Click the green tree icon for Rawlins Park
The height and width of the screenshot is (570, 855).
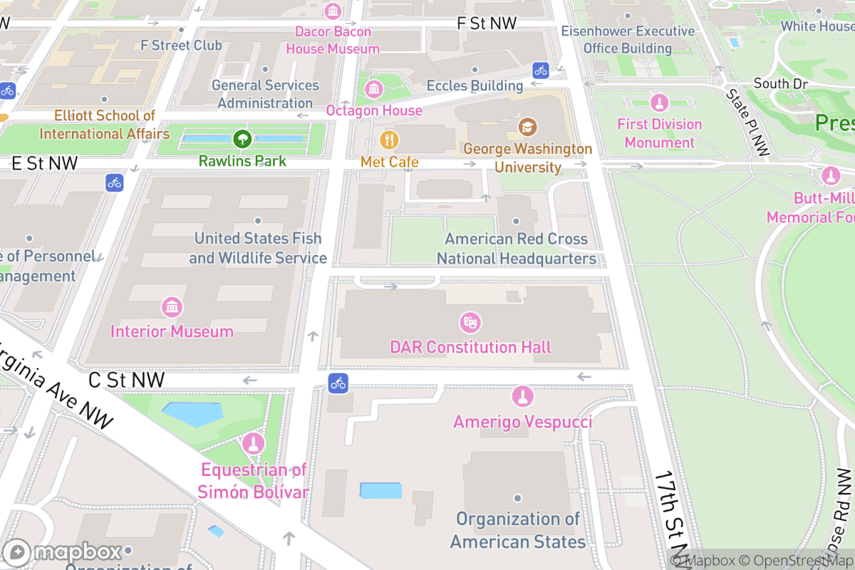pos(242,138)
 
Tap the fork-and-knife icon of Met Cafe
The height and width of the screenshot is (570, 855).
pos(389,139)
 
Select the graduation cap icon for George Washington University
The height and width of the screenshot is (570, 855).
pos(527,127)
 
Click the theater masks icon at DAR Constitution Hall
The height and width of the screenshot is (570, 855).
pos(470,323)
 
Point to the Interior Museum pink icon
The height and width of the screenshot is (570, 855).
pos(172,308)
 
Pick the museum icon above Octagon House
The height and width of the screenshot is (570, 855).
pos(373,89)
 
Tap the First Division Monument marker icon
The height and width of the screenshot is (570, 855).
pos(659,103)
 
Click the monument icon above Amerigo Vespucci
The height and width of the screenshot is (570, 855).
pos(523,397)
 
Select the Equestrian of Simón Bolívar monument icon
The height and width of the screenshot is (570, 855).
pos(252,445)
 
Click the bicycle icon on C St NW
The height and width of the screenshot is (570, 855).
pos(338,383)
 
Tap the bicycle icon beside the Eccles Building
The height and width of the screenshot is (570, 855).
pos(541,70)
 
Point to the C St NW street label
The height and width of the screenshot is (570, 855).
pos(126,380)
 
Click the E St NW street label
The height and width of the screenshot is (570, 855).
pos(44,163)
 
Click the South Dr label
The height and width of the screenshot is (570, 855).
pos(780,83)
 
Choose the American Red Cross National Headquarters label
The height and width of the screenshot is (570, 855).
pos(517,249)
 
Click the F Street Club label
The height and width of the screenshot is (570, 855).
pos(181,45)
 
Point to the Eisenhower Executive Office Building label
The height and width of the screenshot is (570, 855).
pos(628,40)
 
